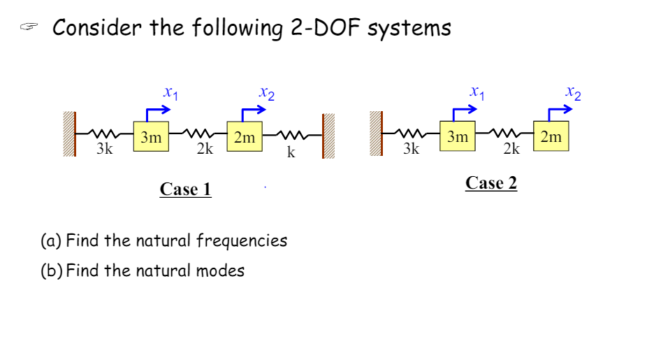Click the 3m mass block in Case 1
pyautogui.click(x=151, y=138)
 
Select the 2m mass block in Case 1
pyautogui.click(x=245, y=138)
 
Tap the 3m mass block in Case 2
pyautogui.click(x=458, y=136)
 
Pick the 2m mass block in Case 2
pyautogui.click(x=551, y=136)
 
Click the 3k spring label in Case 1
pyautogui.click(x=105, y=150)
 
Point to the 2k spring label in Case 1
pyautogui.click(x=205, y=150)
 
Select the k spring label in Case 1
pyautogui.click(x=291, y=152)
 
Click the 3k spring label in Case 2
pyautogui.click(x=412, y=149)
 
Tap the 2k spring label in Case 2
pyautogui.click(x=511, y=149)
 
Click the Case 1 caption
pyautogui.click(x=185, y=189)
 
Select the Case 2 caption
pyautogui.click(x=491, y=183)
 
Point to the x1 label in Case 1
pyautogui.click(x=170, y=92)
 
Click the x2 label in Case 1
pyautogui.click(x=266, y=92)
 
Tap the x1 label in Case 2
pyautogui.click(x=477, y=92)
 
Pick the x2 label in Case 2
pyautogui.click(x=573, y=92)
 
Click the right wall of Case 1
pyautogui.click(x=328, y=136)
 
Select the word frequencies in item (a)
pyautogui.click(x=242, y=241)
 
